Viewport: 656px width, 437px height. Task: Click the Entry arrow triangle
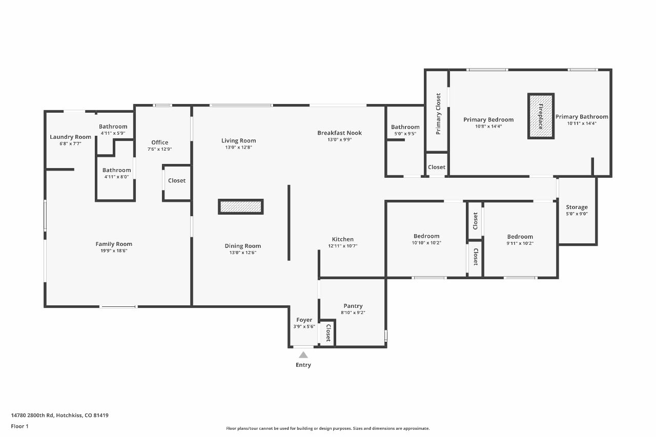[x=303, y=355]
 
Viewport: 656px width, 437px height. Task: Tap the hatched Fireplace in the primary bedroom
[x=541, y=116]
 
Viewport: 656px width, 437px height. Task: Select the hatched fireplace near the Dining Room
[x=240, y=206]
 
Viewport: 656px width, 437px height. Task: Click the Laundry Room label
[x=70, y=137]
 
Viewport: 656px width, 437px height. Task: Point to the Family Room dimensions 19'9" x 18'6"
[x=114, y=251]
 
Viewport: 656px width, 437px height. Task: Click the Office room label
[x=159, y=142]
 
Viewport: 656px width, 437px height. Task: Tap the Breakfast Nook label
[x=339, y=133]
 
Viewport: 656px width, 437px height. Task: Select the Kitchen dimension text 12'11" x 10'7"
[x=343, y=246]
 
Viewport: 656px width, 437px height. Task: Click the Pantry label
[x=353, y=306]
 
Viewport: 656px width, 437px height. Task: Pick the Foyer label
[x=304, y=320]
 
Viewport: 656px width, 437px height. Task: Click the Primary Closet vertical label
[x=438, y=114]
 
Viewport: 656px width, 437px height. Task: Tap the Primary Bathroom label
[x=582, y=116]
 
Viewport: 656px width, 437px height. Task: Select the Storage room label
[x=577, y=207]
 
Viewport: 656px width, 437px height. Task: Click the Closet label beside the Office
[x=177, y=181]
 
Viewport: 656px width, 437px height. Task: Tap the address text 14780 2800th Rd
[x=32, y=415]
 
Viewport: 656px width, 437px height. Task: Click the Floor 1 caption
[x=19, y=426]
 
